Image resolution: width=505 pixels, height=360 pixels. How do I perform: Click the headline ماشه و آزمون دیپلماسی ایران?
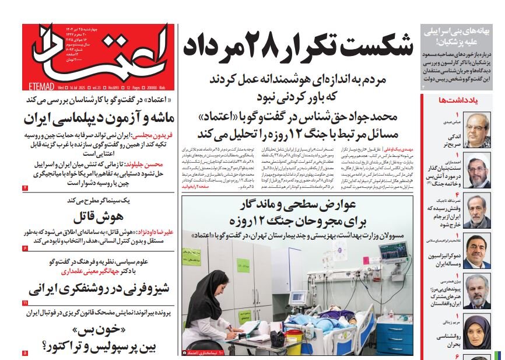[99, 118]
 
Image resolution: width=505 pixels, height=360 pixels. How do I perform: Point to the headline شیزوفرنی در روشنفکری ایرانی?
[99, 289]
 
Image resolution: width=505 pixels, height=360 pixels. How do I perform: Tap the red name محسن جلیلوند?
[152, 165]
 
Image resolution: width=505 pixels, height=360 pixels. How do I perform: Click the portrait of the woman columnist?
[477, 333]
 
